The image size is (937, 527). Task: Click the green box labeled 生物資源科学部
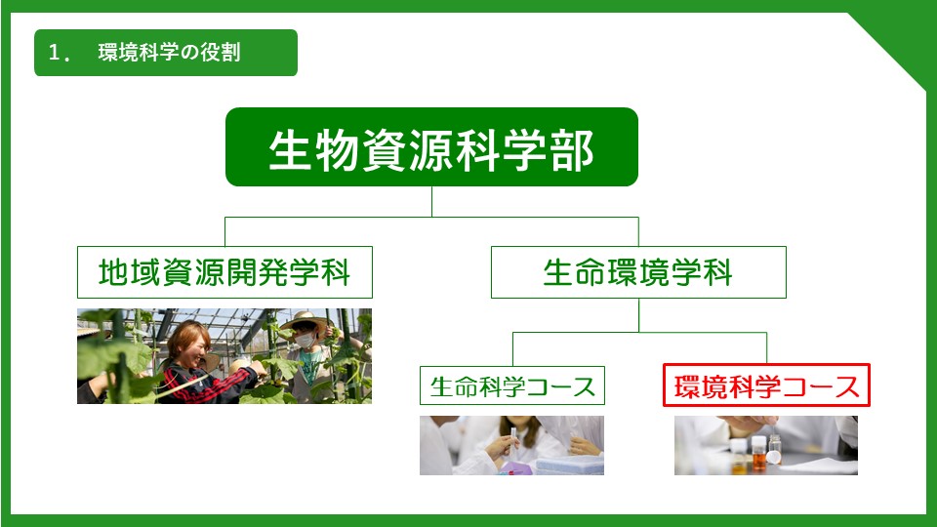pyautogui.click(x=431, y=147)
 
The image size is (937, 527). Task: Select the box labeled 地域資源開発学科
pyautogui.click(x=224, y=272)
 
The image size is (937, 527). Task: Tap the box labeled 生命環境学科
pyautogui.click(x=638, y=272)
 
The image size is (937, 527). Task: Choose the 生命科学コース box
pyautogui.click(x=512, y=386)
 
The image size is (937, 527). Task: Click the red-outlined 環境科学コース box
pyautogui.click(x=766, y=385)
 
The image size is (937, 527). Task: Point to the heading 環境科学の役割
pyautogui.click(x=169, y=53)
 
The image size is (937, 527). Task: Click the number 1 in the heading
pyautogui.click(x=54, y=53)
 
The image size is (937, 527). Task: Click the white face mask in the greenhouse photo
pyautogui.click(x=305, y=341)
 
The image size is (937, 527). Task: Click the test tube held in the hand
pyautogui.click(x=512, y=441)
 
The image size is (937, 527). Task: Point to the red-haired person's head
pyautogui.click(x=188, y=341)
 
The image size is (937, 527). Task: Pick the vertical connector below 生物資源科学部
pyautogui.click(x=431, y=201)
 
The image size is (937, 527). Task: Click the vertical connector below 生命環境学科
pyautogui.click(x=638, y=315)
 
